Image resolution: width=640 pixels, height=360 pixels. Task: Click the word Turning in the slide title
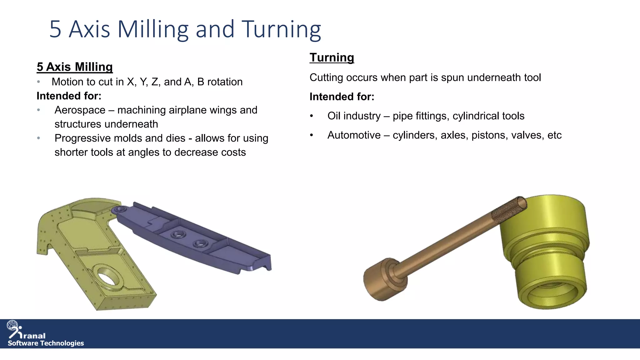[x=281, y=29]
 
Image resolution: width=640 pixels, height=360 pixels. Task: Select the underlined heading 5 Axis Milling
[x=74, y=67]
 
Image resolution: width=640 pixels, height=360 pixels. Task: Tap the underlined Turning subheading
[x=332, y=57]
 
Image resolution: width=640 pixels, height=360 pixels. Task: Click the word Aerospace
[x=80, y=110]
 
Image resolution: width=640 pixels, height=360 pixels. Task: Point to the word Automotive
[x=354, y=135]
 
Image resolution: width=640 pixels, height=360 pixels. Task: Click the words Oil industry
[x=354, y=116]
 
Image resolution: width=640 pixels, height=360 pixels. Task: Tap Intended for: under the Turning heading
[x=342, y=97]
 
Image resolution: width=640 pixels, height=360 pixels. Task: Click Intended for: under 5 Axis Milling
[x=69, y=96]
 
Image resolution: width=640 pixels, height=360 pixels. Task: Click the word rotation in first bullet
[x=225, y=82]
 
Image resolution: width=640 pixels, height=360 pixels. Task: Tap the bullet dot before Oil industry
[x=311, y=116]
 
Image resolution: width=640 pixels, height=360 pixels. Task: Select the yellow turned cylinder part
[x=545, y=250]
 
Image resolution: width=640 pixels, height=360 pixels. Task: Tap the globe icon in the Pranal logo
[x=12, y=325]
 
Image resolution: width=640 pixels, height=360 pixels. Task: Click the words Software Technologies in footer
[x=46, y=343]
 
